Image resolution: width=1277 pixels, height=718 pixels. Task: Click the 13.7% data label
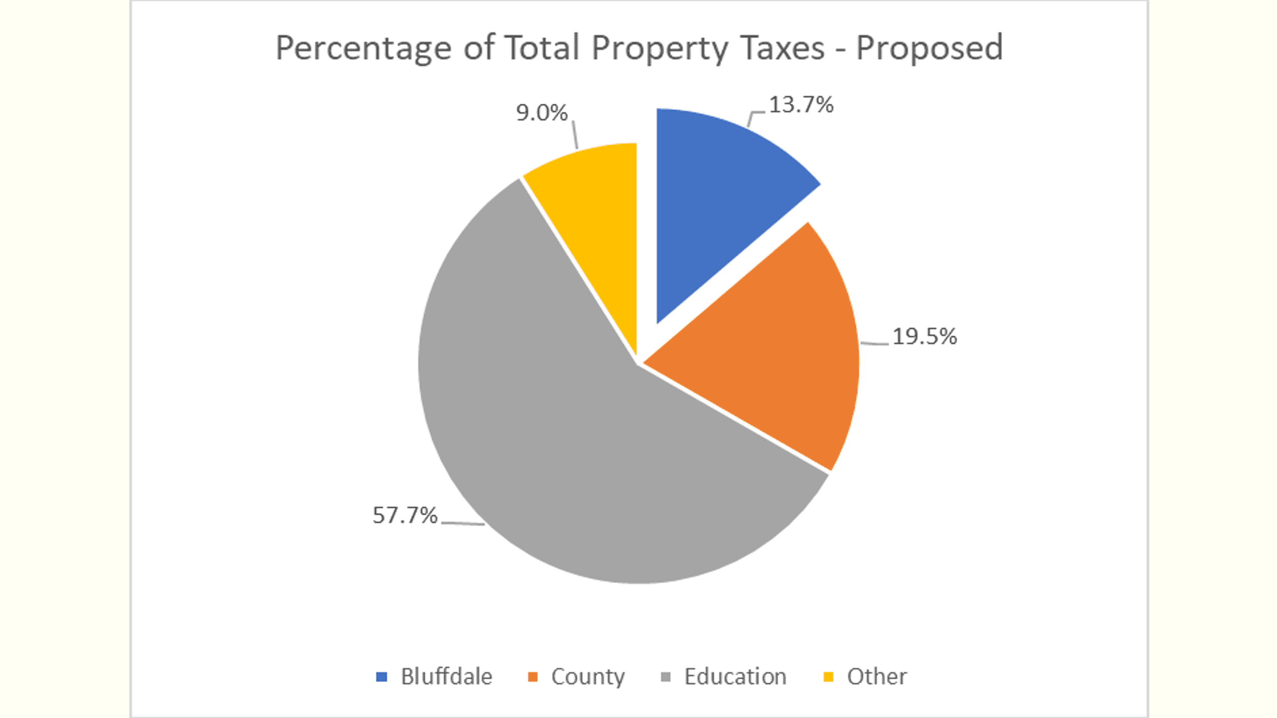[801, 105]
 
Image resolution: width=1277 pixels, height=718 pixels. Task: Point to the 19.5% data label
[924, 337]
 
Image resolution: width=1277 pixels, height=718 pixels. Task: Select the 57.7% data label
[405, 515]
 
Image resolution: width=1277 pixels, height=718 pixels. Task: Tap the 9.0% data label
[541, 113]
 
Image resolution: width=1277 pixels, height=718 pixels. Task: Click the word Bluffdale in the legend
[446, 677]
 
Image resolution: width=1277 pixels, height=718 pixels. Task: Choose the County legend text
[587, 677]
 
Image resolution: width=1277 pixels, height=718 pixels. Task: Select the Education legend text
[735, 677]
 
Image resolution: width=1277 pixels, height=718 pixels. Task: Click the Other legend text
[877, 677]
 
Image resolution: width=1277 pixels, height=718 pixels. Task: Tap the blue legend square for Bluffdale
[381, 677]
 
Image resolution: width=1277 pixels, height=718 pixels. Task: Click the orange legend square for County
[533, 677]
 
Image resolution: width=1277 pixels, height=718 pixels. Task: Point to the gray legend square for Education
[666, 677]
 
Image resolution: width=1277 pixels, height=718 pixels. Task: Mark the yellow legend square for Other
[828, 677]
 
